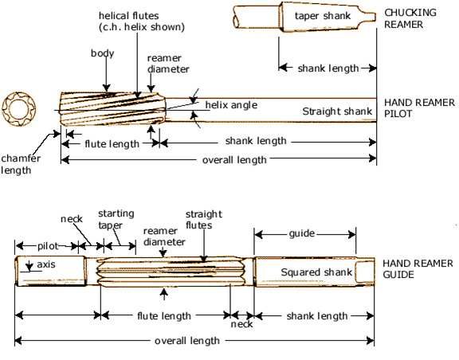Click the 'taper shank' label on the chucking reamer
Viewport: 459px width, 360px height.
click(323, 16)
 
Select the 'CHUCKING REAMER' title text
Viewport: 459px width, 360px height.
click(410, 18)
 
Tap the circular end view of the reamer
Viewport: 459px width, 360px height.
click(19, 108)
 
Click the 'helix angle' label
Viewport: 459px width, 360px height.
click(231, 105)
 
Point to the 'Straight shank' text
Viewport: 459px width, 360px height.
click(337, 112)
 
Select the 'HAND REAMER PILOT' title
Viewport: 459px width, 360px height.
click(419, 108)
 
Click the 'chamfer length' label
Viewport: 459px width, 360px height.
click(21, 164)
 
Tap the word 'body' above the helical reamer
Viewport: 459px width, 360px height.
click(103, 53)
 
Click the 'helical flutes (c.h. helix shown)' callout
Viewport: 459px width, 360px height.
click(142, 21)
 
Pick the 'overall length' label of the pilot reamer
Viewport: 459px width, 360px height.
click(234, 160)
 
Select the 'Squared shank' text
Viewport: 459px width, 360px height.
click(316, 272)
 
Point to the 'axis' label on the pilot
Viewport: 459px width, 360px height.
click(46, 264)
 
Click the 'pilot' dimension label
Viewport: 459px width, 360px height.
click(48, 246)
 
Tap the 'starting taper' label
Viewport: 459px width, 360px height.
click(116, 219)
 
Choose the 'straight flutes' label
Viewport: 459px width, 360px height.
click(204, 220)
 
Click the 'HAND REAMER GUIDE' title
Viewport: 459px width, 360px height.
click(418, 269)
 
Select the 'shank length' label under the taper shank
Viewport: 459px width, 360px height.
click(328, 68)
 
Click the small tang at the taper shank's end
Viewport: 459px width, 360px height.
click(367, 17)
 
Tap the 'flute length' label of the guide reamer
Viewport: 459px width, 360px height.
click(164, 316)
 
